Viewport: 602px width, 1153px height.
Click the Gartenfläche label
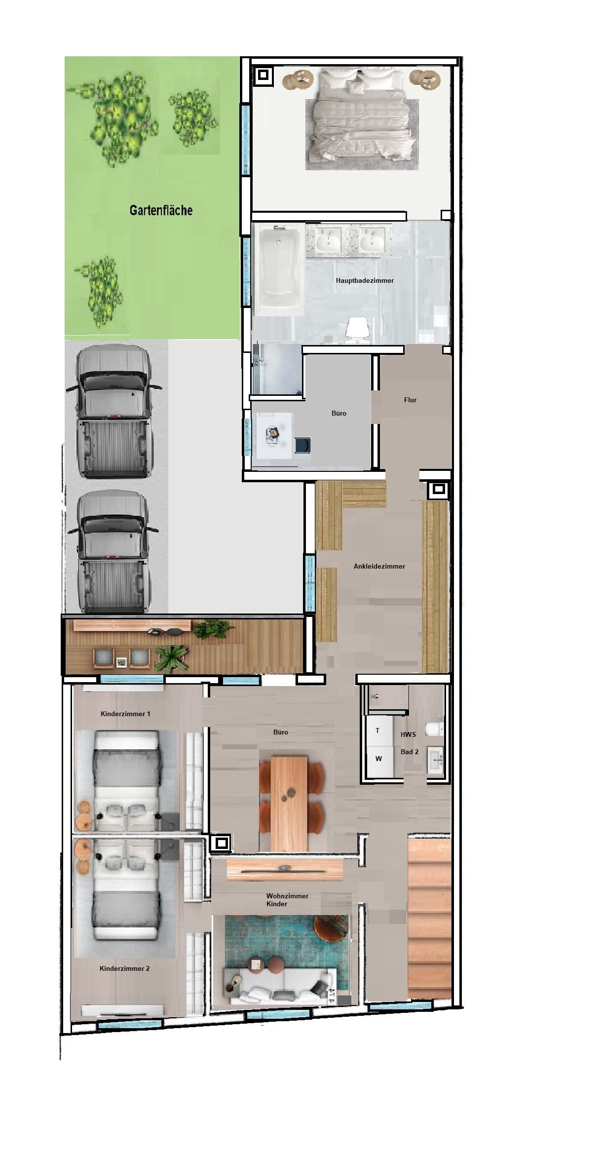161,210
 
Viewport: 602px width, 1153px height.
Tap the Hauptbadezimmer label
365,280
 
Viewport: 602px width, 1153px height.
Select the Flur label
410,400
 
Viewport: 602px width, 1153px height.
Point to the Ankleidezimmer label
379,566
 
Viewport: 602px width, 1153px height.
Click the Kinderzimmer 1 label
125,714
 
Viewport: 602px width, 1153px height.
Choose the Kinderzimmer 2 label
124,968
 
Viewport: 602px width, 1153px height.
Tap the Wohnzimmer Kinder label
287,900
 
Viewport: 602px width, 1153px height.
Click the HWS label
408,734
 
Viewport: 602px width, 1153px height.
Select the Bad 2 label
410,752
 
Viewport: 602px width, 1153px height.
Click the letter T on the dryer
377,730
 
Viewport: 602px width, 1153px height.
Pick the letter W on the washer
378,759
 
